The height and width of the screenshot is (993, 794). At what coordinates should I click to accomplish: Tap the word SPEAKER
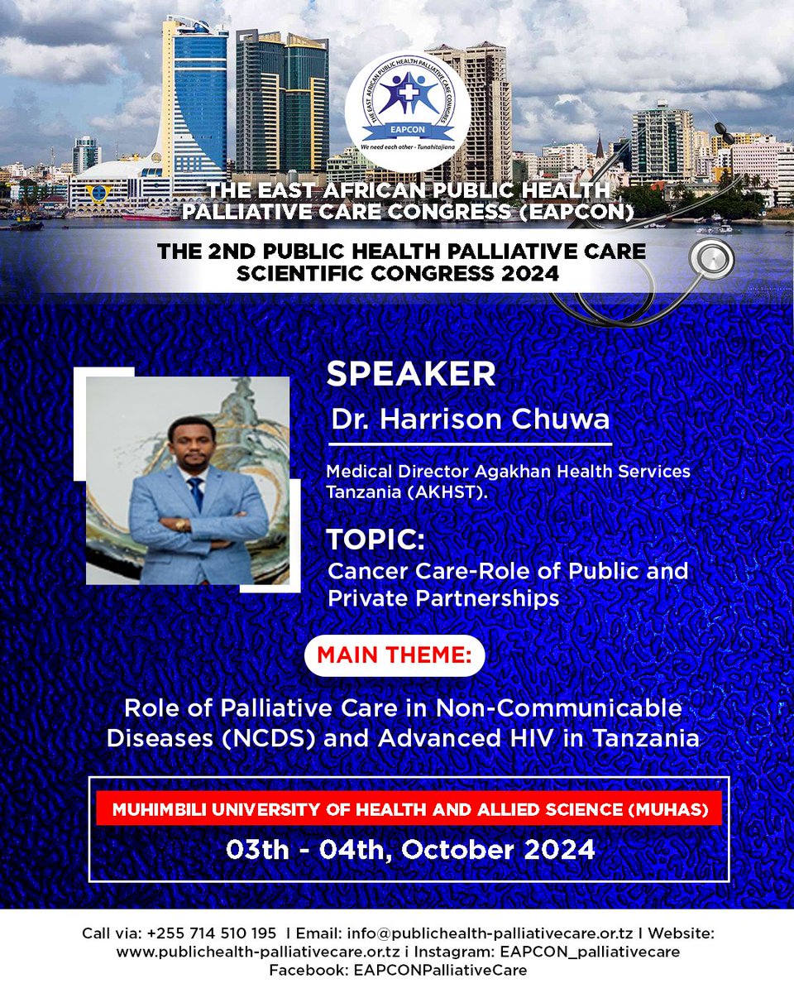click(x=411, y=374)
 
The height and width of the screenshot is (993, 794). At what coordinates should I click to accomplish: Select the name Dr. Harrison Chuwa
click(x=471, y=419)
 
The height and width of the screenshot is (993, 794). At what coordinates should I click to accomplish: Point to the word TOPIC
click(x=375, y=540)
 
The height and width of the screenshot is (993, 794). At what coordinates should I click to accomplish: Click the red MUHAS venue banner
click(x=409, y=809)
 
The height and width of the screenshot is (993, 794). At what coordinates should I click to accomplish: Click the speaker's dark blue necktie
click(x=195, y=493)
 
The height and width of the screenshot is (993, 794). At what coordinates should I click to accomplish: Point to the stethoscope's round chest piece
click(x=709, y=263)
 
